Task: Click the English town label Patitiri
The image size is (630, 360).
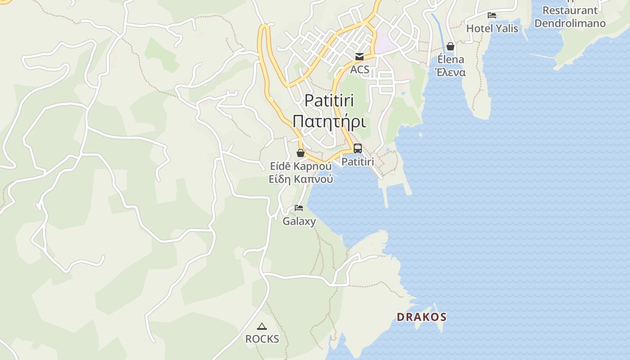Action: point(329,100)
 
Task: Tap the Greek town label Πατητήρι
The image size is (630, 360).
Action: point(329,121)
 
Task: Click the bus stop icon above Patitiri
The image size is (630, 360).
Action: point(358,148)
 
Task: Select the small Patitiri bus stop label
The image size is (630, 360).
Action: point(358,161)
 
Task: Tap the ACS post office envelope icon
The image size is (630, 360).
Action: point(360,57)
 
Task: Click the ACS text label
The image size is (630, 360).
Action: point(360,69)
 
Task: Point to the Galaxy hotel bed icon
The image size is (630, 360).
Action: point(299,208)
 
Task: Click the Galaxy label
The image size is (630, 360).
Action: point(299,221)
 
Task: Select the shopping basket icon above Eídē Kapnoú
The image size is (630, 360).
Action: point(301,153)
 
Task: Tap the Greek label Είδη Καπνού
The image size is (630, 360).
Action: point(301,179)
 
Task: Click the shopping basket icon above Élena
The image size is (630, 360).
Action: point(450,46)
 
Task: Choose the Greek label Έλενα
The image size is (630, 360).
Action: point(450,72)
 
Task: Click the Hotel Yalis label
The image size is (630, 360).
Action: point(492,29)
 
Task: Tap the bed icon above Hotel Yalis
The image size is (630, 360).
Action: point(492,15)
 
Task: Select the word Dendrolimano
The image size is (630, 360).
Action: point(570,23)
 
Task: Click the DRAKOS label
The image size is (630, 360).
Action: point(421,317)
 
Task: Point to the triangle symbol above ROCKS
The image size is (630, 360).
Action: point(262,326)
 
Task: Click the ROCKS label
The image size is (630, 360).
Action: point(262,339)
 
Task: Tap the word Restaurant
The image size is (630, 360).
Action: point(570,10)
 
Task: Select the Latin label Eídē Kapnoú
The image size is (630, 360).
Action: point(301,166)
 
